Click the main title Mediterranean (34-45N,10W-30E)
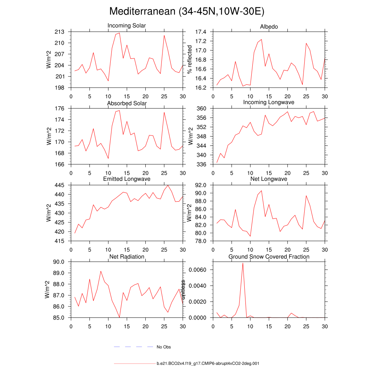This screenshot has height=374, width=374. coord(187,11)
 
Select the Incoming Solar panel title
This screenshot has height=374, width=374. coord(127,26)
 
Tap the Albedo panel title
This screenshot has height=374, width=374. coord(269,27)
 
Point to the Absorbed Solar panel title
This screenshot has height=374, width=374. coord(127,103)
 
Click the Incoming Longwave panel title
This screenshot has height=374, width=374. coord(269,102)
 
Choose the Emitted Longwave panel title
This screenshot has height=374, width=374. coord(127,179)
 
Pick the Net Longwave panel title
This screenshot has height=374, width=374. coord(269,179)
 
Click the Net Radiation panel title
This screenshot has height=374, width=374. coord(127,257)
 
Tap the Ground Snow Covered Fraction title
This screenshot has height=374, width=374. coord(269,257)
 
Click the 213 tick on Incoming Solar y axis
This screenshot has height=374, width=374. coord(60,32)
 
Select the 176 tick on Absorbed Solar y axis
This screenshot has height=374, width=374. coord(60,108)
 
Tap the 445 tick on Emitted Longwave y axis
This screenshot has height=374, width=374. coord(60,185)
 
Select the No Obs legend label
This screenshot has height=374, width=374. coord(164,347)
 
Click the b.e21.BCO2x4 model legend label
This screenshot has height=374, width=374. coord(208,364)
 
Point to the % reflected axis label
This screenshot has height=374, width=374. coord(189,60)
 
